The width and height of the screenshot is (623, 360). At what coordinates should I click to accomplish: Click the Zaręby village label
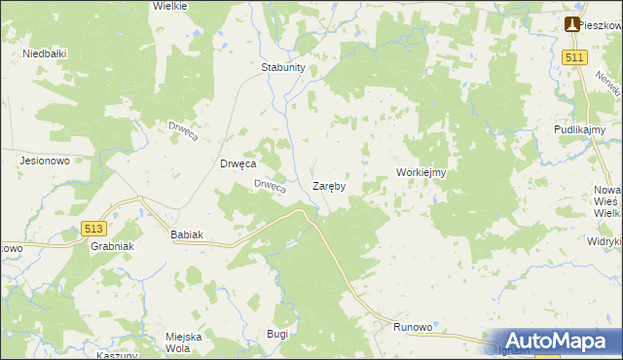tap(329, 185)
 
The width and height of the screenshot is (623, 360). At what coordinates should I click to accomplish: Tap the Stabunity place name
tap(283, 67)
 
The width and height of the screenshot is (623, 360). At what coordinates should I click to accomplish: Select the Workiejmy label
tap(421, 172)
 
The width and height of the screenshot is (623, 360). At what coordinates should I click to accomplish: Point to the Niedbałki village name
tap(44, 54)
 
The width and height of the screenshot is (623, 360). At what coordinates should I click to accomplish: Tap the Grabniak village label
tap(110, 246)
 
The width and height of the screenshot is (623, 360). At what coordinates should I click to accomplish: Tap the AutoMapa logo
tap(556, 341)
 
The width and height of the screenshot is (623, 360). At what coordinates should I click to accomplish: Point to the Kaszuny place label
tap(116, 355)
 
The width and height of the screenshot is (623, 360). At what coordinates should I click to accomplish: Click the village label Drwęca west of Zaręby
tap(238, 164)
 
